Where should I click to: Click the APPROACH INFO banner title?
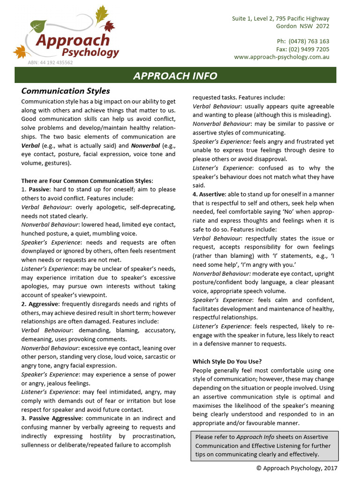click(x=175, y=76)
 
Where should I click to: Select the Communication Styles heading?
click(x=66, y=91)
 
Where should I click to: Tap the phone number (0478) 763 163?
click(x=309, y=41)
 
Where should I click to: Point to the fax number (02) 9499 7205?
click(x=309, y=49)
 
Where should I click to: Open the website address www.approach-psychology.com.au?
click(x=281, y=57)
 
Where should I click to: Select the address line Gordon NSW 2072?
click(x=302, y=26)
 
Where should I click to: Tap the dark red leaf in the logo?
click(x=109, y=26)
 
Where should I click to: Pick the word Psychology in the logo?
click(x=88, y=52)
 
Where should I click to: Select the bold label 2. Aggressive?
click(x=40, y=304)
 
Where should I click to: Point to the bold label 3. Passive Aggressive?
click(x=52, y=418)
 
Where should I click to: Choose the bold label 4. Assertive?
click(x=209, y=194)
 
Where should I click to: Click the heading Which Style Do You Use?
click(x=227, y=361)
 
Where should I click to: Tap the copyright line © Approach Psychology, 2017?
click(x=296, y=468)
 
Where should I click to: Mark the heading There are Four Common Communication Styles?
click(x=87, y=181)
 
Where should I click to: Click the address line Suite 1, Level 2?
click(x=280, y=18)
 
